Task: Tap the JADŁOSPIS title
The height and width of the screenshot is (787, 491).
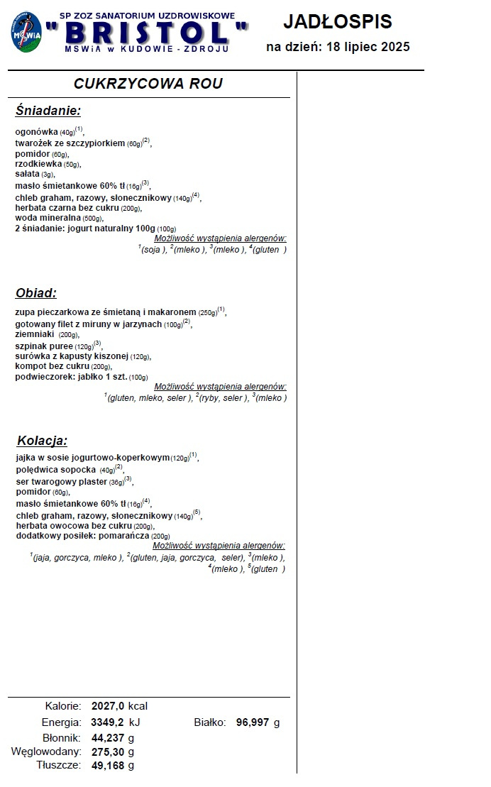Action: pyautogui.click(x=337, y=22)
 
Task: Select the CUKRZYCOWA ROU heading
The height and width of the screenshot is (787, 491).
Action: pyautogui.click(x=148, y=84)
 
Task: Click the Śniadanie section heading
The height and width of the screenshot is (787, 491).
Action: pyautogui.click(x=48, y=111)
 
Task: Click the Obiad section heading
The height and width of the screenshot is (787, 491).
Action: pyautogui.click(x=36, y=293)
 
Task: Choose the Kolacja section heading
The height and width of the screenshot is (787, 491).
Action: pyautogui.click(x=42, y=441)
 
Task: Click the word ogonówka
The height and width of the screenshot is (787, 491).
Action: pyautogui.click(x=36, y=131)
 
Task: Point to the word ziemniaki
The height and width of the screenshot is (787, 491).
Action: pyautogui.click(x=34, y=334)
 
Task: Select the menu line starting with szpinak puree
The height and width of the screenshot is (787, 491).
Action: pyautogui.click(x=57, y=346)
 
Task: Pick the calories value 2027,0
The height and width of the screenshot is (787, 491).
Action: pyautogui.click(x=108, y=706)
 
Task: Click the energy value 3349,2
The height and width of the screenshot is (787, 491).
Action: pyautogui.click(x=108, y=722)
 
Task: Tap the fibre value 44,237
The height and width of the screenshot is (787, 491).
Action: pyautogui.click(x=108, y=738)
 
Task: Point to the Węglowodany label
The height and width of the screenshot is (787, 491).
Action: pyautogui.click(x=46, y=752)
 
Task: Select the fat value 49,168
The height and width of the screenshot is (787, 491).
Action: pyautogui.click(x=108, y=765)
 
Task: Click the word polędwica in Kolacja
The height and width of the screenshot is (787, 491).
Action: pyautogui.click(x=38, y=470)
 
